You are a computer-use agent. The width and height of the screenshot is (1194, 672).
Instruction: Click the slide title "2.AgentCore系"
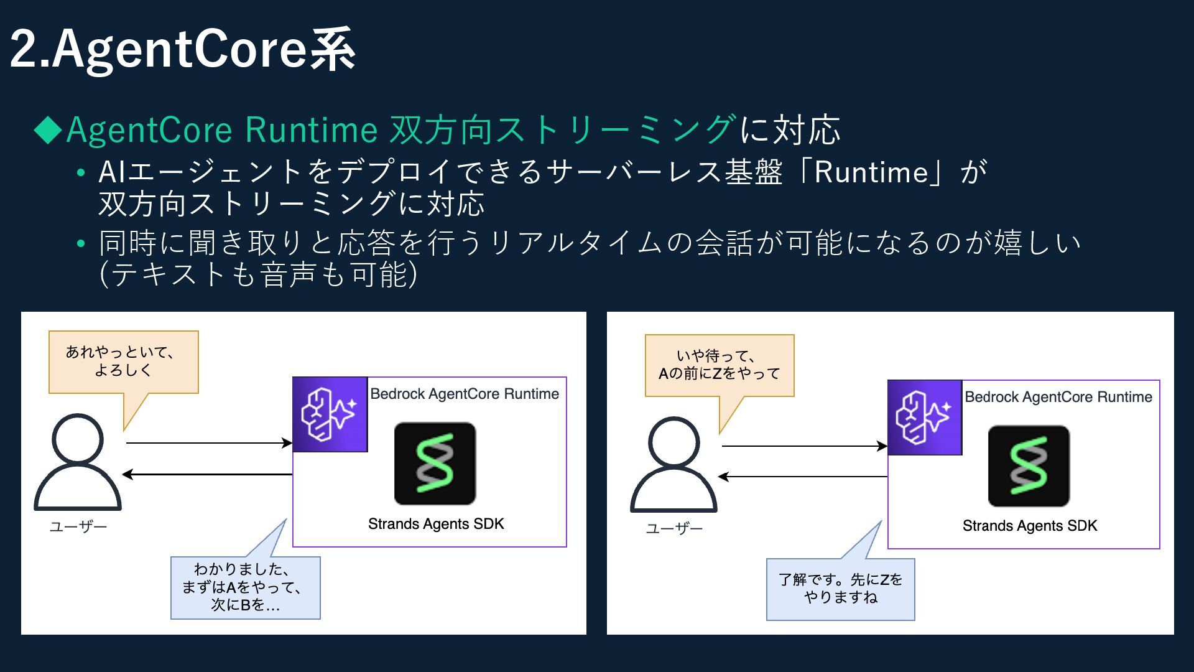pyautogui.click(x=183, y=50)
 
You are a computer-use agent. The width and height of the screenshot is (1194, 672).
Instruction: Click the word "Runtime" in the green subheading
pyautogui.click(x=311, y=130)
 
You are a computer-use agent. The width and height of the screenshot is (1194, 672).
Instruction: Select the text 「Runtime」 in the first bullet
pyautogui.click(x=871, y=172)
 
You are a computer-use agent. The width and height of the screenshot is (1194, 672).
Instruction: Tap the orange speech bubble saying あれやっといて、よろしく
pyautogui.click(x=123, y=362)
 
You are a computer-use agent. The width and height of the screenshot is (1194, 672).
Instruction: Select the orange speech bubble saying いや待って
pyautogui.click(x=720, y=365)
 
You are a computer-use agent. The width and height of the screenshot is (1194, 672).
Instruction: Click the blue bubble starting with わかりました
pyautogui.click(x=245, y=587)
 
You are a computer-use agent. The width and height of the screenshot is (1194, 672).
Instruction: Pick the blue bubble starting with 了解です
pyautogui.click(x=840, y=589)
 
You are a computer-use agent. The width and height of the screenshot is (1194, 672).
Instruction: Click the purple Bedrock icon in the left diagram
pyautogui.click(x=330, y=414)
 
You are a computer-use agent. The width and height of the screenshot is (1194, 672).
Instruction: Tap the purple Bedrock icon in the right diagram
pyautogui.click(x=925, y=418)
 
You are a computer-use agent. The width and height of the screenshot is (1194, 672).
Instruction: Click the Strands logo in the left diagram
pyautogui.click(x=435, y=464)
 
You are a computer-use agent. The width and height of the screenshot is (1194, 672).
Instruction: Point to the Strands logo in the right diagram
pyautogui.click(x=1029, y=466)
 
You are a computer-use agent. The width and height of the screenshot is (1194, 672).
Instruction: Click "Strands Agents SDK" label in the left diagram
pyautogui.click(x=436, y=524)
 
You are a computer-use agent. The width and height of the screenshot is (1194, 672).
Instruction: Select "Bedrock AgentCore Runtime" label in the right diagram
pyautogui.click(x=1058, y=397)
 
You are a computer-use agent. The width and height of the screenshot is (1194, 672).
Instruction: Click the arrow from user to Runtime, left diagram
pyautogui.click(x=208, y=443)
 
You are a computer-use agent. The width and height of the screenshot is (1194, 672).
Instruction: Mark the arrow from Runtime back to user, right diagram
pyautogui.click(x=802, y=477)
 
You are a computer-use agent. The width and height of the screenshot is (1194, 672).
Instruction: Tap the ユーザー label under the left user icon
pyautogui.click(x=78, y=527)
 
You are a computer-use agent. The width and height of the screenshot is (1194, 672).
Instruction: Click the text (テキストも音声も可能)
pyautogui.click(x=258, y=274)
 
